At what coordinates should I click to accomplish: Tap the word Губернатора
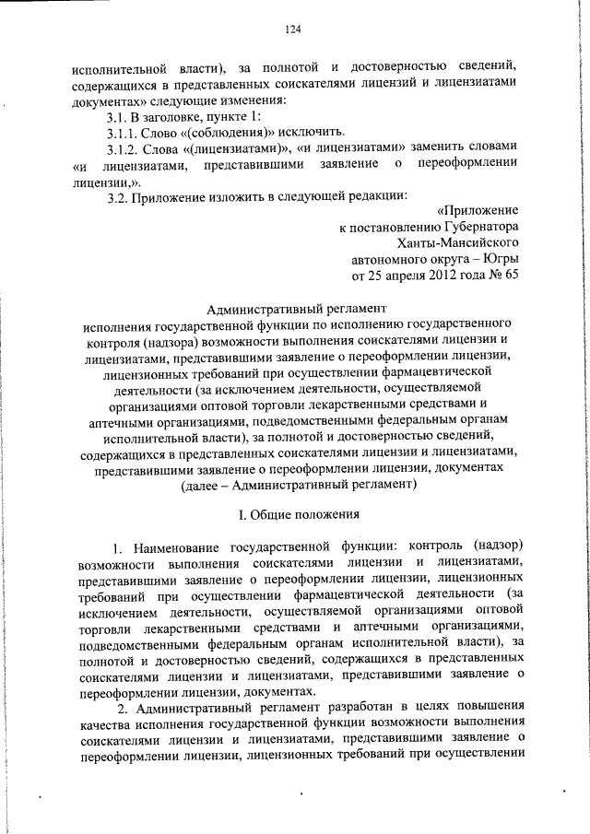pyautogui.click(x=472, y=227)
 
